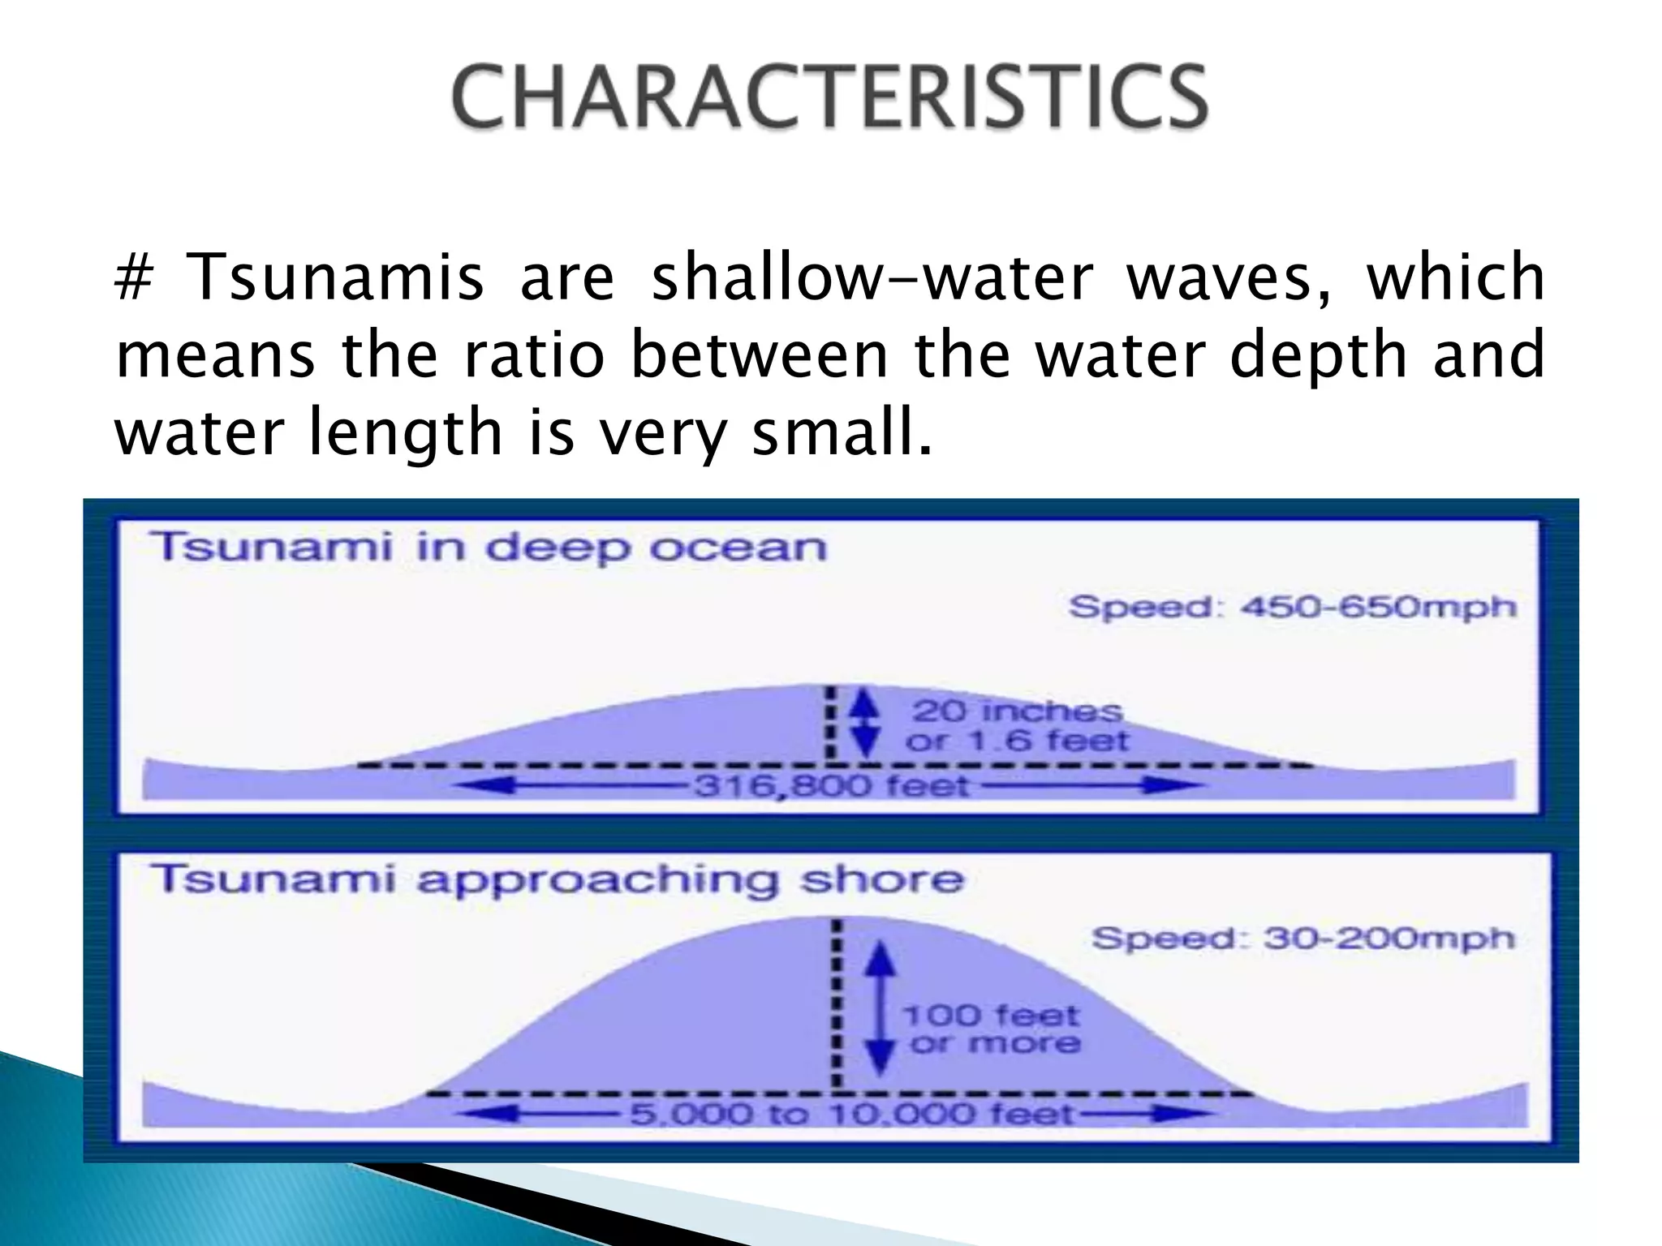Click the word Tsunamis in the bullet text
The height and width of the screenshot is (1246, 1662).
coord(335,277)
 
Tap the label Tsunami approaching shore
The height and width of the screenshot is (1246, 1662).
coord(558,879)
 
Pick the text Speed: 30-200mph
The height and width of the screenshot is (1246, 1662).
coord(1303,939)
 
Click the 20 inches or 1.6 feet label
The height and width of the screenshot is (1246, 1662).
coord(1017,726)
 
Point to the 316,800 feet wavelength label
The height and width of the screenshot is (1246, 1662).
coord(831,785)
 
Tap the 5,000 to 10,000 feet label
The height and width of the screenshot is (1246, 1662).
coord(851,1114)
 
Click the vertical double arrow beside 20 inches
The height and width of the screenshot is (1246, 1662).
coord(867,725)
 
